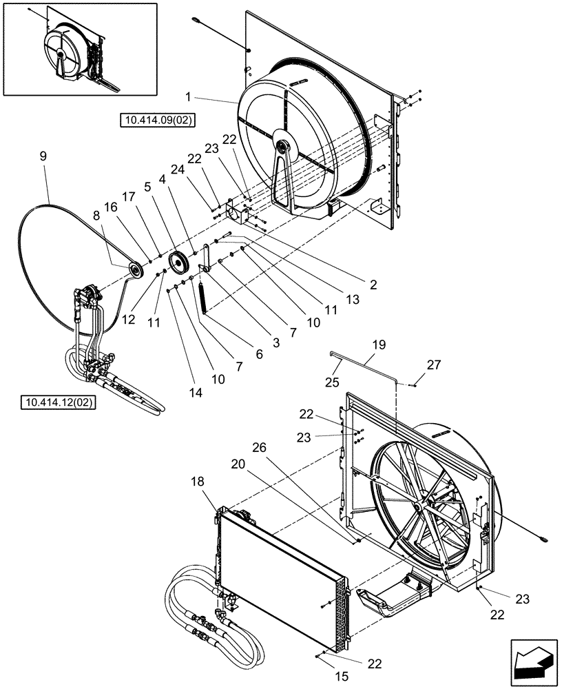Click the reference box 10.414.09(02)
click(x=158, y=121)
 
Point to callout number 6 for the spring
click(x=259, y=354)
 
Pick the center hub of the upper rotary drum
click(x=282, y=146)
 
